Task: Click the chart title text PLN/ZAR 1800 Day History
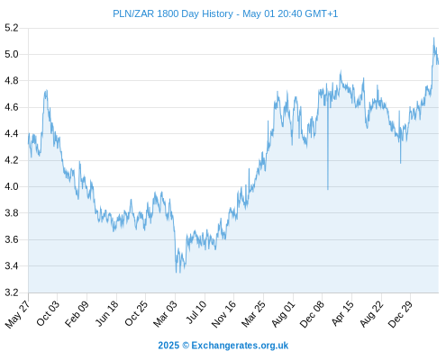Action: click(x=173, y=13)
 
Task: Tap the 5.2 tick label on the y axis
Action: click(x=12, y=28)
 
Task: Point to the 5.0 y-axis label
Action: click(x=12, y=54)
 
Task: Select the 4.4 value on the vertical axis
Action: click(x=12, y=134)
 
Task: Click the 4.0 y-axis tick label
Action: click(x=12, y=186)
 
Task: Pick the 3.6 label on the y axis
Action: click(x=12, y=239)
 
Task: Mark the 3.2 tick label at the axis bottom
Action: click(x=12, y=292)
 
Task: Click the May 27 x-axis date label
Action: click(x=18, y=313)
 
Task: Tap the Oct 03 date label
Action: click(x=49, y=312)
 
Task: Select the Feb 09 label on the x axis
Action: click(x=77, y=313)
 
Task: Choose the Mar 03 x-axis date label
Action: click(x=166, y=313)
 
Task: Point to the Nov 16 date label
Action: click(x=224, y=314)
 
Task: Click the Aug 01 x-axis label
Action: click(x=284, y=313)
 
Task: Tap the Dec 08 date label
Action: click(x=313, y=314)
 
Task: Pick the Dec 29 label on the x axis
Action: click(x=401, y=314)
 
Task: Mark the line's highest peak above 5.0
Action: click(x=433, y=38)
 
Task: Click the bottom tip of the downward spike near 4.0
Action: click(x=328, y=189)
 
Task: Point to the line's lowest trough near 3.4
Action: click(x=177, y=273)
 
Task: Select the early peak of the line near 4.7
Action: click(x=46, y=90)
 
